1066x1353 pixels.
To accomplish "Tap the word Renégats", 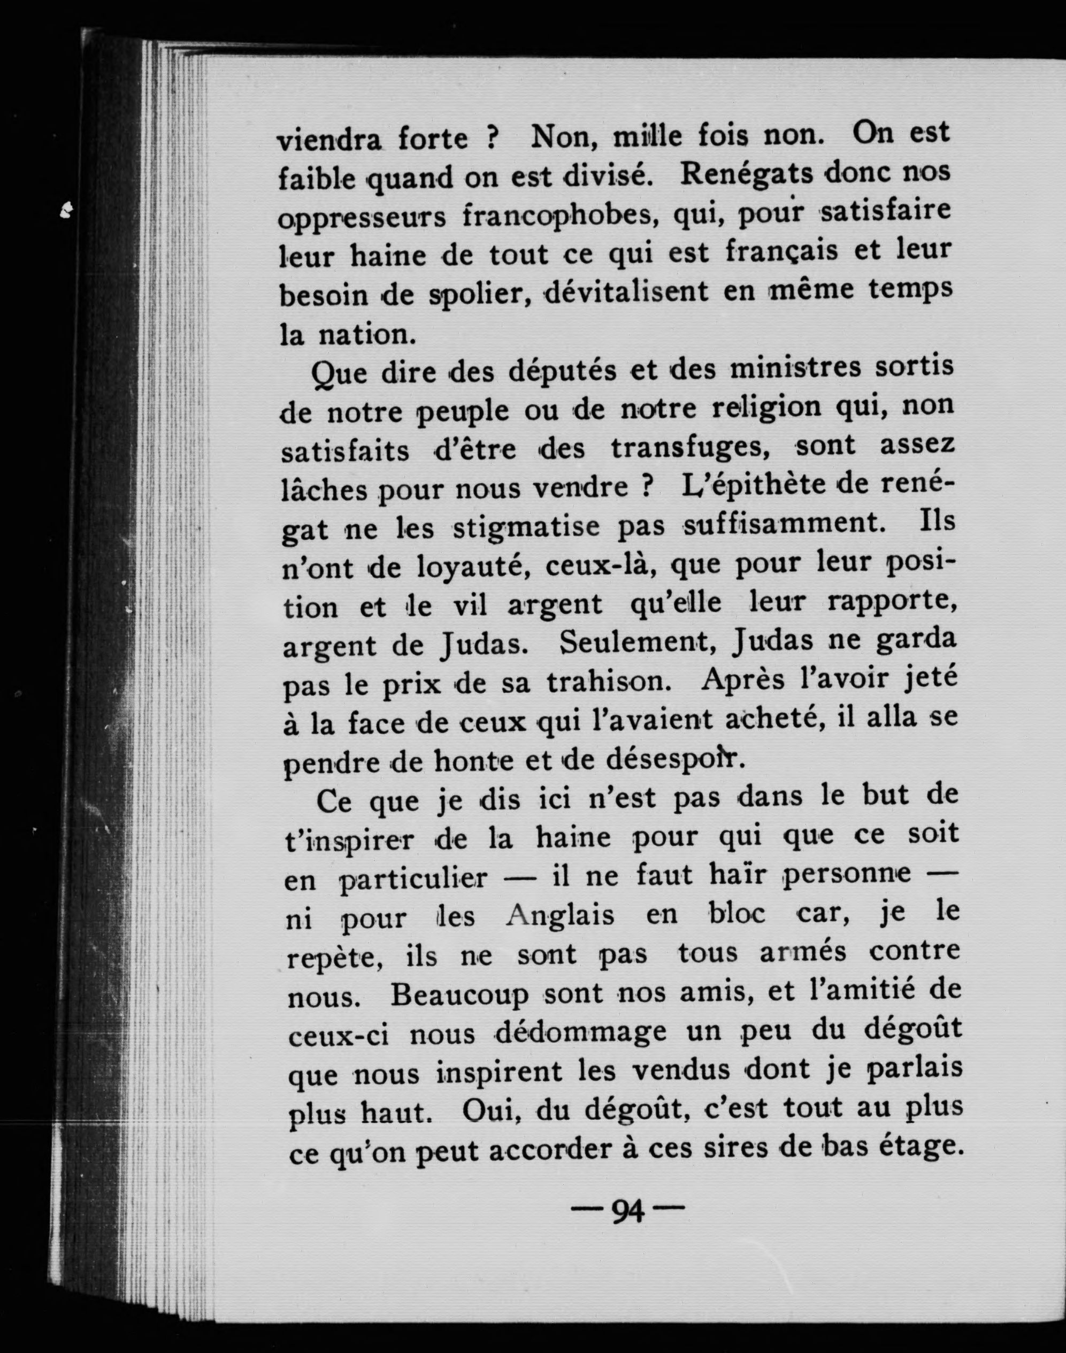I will pos(746,174).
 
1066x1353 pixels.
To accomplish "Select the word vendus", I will pos(681,1072).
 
